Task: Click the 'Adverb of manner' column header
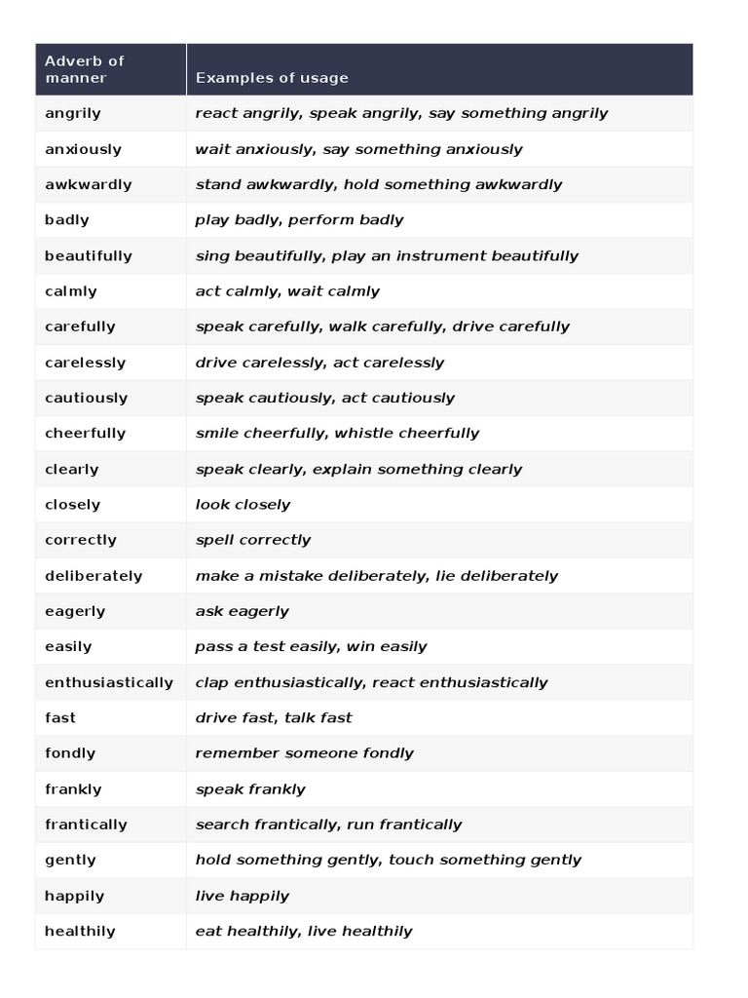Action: point(85,69)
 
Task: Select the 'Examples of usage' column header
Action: point(272,78)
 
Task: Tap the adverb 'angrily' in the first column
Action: point(73,113)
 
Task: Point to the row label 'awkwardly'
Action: point(89,184)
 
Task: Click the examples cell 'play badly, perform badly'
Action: point(299,220)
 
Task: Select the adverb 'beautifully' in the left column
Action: point(89,255)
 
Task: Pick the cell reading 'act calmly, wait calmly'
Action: point(287,291)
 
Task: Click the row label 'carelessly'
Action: point(86,363)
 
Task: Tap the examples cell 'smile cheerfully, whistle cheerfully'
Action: point(337,434)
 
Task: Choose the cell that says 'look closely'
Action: point(243,505)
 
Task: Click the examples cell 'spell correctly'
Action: point(253,540)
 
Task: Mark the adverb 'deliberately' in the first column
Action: point(93,576)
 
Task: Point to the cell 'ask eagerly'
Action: point(242,611)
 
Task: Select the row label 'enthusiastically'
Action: point(109,682)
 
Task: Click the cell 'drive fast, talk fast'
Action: point(274,718)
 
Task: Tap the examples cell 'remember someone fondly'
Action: point(304,753)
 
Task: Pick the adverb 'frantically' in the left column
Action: point(86,825)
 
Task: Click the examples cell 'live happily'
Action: point(242,896)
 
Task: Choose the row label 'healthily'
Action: point(80,931)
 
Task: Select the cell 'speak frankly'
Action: point(250,789)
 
